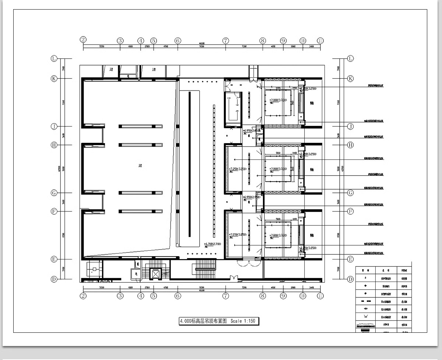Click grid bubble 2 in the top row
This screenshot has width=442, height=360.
point(83,40)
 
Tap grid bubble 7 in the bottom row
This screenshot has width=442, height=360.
point(226,296)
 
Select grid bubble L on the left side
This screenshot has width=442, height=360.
point(54,59)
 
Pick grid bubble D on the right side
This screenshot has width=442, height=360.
point(350,279)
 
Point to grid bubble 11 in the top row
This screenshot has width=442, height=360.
point(320,40)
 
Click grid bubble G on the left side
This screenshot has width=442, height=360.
point(54,193)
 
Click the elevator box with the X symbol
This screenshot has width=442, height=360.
point(156,273)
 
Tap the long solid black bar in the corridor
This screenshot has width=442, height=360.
point(190,164)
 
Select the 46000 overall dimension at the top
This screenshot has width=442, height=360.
point(201,43)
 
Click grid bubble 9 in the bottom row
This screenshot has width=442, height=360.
point(283,296)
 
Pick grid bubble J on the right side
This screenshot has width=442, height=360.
point(350,126)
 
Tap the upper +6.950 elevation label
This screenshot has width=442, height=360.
point(252,131)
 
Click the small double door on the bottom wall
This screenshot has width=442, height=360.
point(233,277)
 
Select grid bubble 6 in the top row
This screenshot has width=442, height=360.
point(178,40)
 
